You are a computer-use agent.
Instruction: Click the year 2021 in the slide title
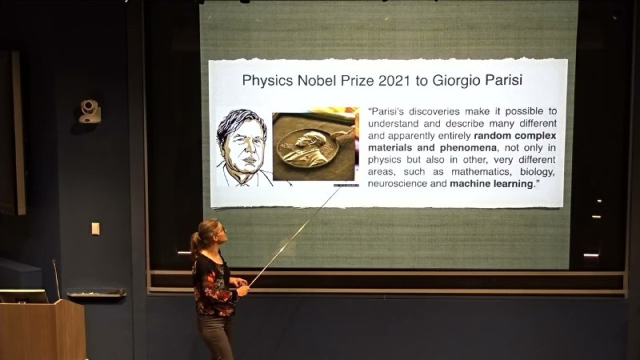tap(394, 81)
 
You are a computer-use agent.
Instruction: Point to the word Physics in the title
tap(268, 81)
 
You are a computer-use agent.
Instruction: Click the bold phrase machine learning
tap(491, 184)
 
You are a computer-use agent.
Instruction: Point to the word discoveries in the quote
tap(434, 111)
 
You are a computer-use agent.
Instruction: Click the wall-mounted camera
tap(90, 111)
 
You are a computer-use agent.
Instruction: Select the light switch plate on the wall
tap(95, 229)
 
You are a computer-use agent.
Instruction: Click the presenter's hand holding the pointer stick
tap(243, 290)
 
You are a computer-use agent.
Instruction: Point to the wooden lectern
tap(43, 330)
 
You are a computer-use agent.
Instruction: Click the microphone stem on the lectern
tap(56, 279)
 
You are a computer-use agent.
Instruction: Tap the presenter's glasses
tap(221, 231)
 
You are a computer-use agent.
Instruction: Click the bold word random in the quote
tap(493, 135)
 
